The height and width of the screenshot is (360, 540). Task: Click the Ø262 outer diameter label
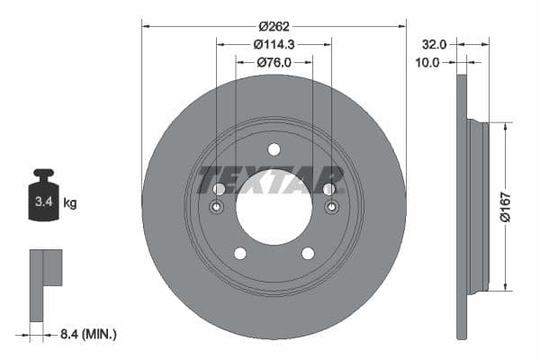click(274, 26)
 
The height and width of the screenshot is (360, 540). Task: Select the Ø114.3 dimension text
click(274, 45)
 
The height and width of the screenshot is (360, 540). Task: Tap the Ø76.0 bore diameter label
click(274, 62)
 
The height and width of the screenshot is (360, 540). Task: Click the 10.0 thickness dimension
click(430, 62)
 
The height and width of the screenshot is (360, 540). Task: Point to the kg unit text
click(70, 203)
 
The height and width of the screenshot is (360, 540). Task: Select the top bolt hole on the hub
click(274, 149)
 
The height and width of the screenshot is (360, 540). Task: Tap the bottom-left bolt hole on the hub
click(240, 253)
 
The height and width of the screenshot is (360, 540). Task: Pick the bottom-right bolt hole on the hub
click(308, 253)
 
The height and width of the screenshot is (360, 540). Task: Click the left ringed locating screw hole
click(217, 209)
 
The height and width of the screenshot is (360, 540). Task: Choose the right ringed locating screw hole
click(331, 209)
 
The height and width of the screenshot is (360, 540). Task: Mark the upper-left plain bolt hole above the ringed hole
click(219, 189)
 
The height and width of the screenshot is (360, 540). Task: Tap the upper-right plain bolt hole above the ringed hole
click(329, 189)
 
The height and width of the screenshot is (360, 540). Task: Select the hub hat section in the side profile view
click(479, 207)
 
